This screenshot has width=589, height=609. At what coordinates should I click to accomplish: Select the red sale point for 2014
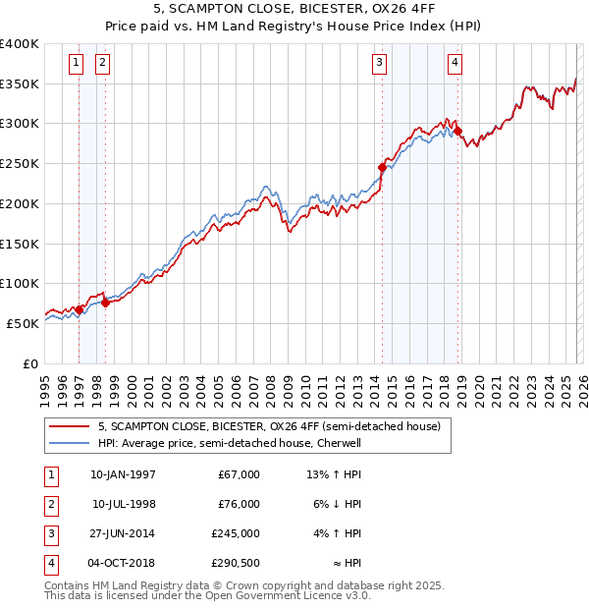pyautogui.click(x=382, y=168)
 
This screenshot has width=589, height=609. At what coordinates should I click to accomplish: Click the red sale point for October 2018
pyautogui.click(x=457, y=132)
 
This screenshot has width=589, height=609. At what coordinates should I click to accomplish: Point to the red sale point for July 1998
pyautogui.click(x=105, y=303)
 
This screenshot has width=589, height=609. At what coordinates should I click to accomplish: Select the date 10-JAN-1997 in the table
pyautogui.click(x=123, y=474)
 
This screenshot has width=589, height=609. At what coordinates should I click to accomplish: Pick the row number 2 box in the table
pyautogui.click(x=50, y=504)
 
